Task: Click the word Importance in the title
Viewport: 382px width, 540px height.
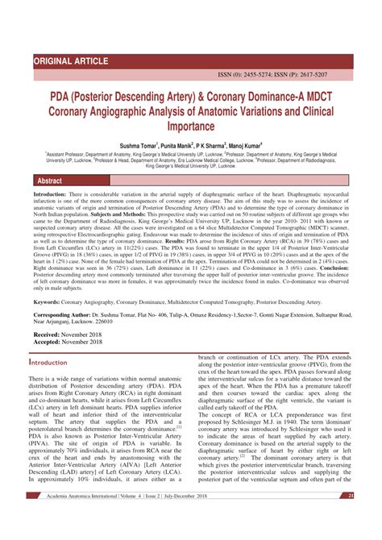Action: point(191,127)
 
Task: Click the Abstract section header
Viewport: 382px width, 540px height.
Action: point(51,181)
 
